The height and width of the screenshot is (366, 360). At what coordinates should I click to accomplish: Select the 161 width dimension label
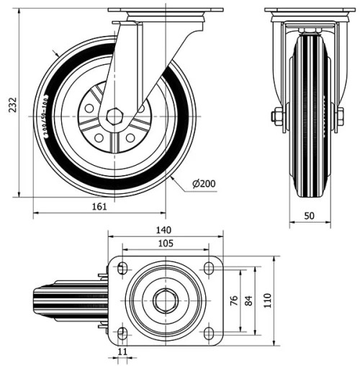pyautogui.click(x=99, y=207)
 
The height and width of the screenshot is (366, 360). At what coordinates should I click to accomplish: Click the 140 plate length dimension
pyautogui.click(x=164, y=230)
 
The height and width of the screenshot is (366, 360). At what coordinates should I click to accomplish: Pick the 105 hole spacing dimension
pyautogui.click(x=164, y=245)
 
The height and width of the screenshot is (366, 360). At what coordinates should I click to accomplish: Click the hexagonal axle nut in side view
pyautogui.click(x=115, y=116)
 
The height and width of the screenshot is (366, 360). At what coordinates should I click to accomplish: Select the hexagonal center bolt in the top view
pyautogui.click(x=165, y=299)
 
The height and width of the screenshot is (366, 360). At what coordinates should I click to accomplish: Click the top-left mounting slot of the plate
pyautogui.click(x=122, y=269)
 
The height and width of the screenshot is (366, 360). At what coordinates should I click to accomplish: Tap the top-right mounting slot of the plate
pyautogui.click(x=209, y=269)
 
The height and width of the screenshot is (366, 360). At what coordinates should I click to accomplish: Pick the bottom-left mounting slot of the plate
pyautogui.click(x=122, y=332)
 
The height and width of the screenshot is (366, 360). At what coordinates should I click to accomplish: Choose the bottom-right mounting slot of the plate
pyautogui.click(x=209, y=332)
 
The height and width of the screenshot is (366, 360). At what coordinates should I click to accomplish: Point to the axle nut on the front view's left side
pyautogui.click(x=277, y=116)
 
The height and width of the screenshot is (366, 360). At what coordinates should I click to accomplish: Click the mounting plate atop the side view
pyautogui.click(x=166, y=12)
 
